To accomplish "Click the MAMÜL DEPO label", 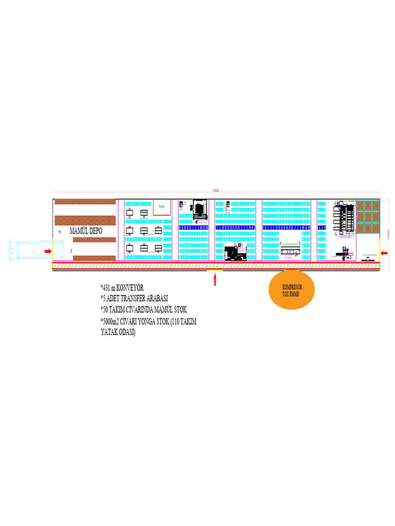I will coord(86,231).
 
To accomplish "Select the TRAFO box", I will coord(161,206).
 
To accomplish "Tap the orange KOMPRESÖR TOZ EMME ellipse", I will coord(292,290).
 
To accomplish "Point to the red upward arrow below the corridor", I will coord(215,280).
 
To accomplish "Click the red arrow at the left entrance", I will coord(48,251).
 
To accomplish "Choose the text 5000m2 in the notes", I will coord(112,322).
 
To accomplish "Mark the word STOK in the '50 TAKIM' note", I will coord(179,310).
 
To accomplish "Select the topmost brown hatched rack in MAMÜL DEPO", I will coord(85,201).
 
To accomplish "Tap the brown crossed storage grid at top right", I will coord(368,216).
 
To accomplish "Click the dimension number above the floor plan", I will coord(216,191).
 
